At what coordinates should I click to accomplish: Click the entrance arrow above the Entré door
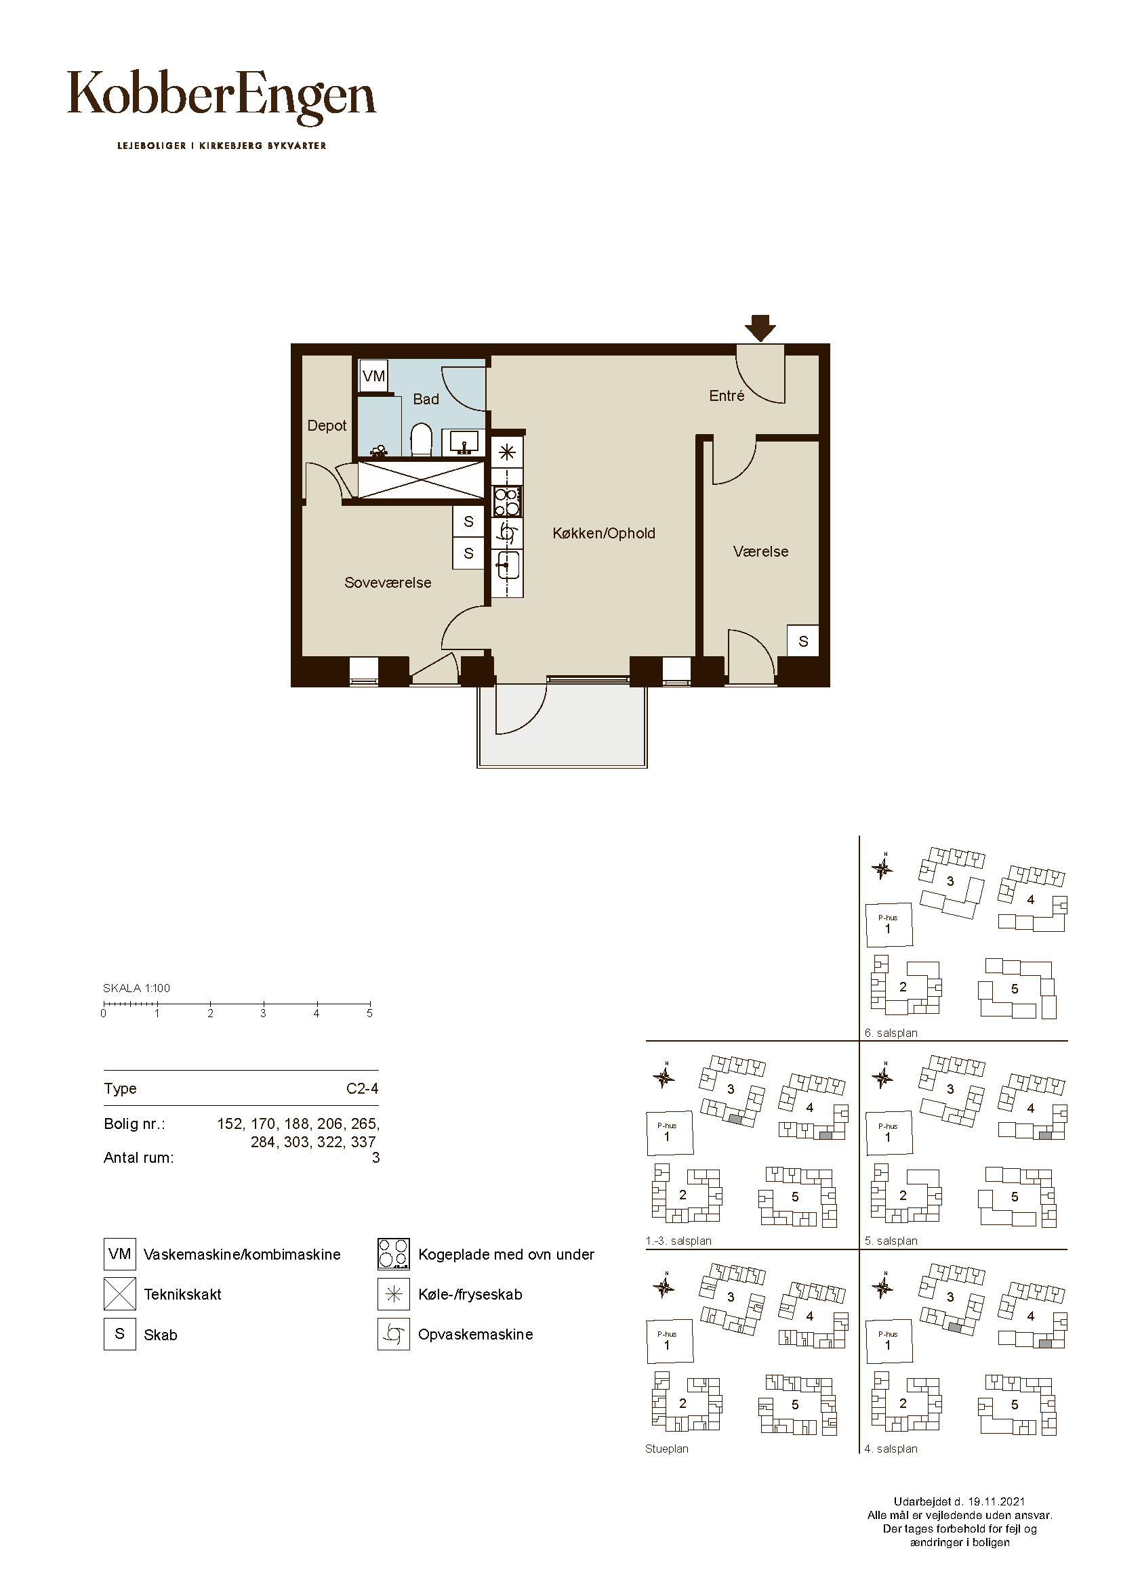click(x=760, y=328)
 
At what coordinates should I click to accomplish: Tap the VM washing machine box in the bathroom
click(x=373, y=376)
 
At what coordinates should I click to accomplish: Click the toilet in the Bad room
click(x=421, y=440)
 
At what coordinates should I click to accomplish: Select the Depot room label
click(x=327, y=426)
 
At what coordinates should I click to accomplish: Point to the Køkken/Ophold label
click(x=604, y=533)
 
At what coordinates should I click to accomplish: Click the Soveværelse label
click(x=388, y=583)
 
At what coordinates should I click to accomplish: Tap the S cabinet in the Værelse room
click(x=802, y=641)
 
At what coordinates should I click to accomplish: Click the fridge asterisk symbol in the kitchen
click(x=508, y=452)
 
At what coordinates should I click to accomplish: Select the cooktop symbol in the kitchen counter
click(x=508, y=502)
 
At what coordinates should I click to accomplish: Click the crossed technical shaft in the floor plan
click(x=420, y=479)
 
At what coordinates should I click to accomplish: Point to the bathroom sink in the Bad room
click(x=464, y=442)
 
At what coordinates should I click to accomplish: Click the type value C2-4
click(x=363, y=1089)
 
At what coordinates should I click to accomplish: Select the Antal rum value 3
click(x=375, y=1157)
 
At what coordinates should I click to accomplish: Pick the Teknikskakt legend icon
click(x=120, y=1293)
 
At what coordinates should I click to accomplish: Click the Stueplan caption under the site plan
click(x=667, y=1449)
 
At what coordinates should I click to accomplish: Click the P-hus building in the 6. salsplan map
click(x=889, y=925)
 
